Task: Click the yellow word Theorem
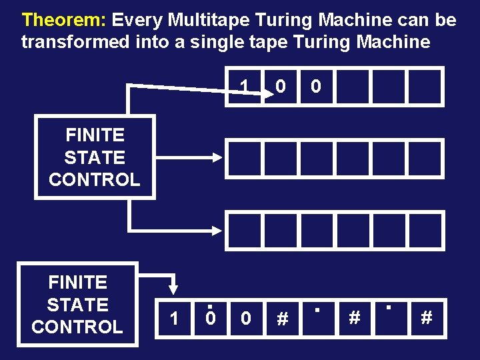[64, 20]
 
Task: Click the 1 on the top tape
[245, 87]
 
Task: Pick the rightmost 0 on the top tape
[317, 87]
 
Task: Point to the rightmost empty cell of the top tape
[425, 87]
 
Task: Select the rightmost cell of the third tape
[425, 230]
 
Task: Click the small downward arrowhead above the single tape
[173, 289]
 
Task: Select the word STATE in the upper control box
[95, 157]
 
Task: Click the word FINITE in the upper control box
[95, 135]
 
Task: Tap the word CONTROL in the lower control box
[77, 327]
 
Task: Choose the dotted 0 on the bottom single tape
[210, 318]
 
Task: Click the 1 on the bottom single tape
[174, 319]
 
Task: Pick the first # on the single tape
[282, 319]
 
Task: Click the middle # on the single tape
[354, 318]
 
